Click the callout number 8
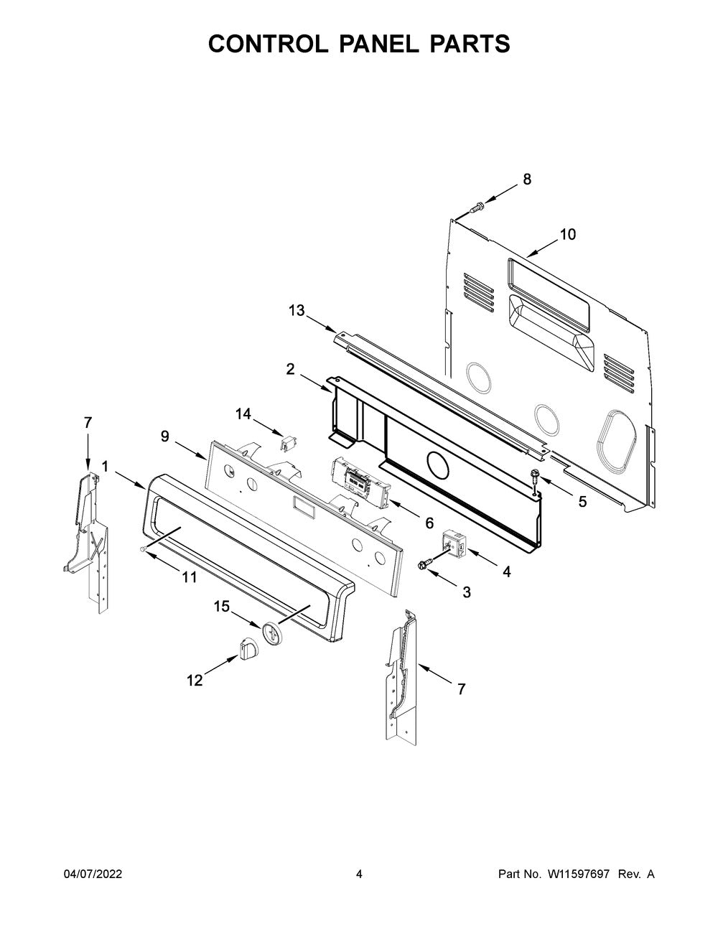[x=527, y=179]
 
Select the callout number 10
[x=567, y=234]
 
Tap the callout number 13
[x=297, y=310]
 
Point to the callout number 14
[x=243, y=414]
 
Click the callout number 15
[x=221, y=607]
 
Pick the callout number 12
[x=195, y=681]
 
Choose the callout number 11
[x=189, y=576]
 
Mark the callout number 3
[x=467, y=592]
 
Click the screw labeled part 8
[x=477, y=207]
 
